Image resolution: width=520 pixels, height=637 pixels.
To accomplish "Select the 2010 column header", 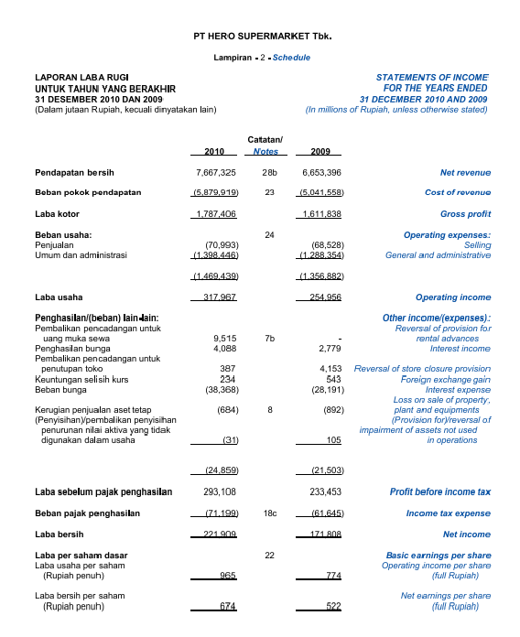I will point(214,151).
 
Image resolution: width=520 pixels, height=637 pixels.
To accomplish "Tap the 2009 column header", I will point(320,151).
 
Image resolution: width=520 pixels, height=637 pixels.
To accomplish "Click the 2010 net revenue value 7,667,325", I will point(216,172).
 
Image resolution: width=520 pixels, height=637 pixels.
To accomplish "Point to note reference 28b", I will point(269,172).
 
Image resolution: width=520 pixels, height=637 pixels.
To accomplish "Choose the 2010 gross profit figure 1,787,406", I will point(216,214).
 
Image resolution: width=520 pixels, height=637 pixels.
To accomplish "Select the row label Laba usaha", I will point(56,297).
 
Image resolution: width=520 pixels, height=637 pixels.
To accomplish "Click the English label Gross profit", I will point(465,214).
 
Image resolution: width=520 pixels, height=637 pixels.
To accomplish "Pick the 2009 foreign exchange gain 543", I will point(333,378).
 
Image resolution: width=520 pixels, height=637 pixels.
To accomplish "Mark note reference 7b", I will point(269,338).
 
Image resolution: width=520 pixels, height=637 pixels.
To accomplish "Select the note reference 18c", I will point(269,513).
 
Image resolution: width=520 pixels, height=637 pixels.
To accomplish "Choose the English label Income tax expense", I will point(448,513).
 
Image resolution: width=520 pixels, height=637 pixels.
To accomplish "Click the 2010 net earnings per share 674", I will point(228,607).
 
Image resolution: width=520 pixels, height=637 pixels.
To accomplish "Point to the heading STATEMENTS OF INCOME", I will point(432,78).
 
